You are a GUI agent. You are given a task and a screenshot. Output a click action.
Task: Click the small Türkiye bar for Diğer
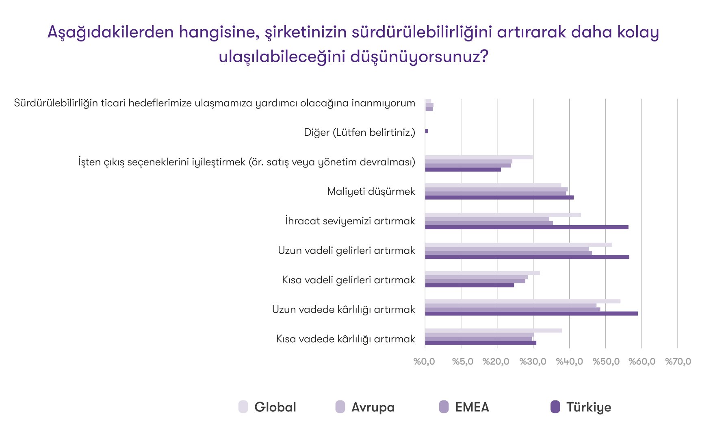click(x=427, y=131)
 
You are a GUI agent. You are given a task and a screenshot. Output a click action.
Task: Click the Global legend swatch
click(x=243, y=407)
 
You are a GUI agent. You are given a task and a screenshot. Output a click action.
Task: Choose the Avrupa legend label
click(x=373, y=407)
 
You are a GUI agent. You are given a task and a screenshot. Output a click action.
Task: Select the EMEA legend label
click(x=472, y=407)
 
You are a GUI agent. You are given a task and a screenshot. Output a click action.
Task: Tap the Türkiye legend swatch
click(x=555, y=407)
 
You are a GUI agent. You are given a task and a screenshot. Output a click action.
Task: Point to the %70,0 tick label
click(x=678, y=361)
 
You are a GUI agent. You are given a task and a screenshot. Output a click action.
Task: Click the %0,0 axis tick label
click(x=424, y=361)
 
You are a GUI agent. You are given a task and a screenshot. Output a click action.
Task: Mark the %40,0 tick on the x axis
click(x=569, y=361)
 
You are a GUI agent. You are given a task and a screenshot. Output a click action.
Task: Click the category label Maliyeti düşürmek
click(x=371, y=191)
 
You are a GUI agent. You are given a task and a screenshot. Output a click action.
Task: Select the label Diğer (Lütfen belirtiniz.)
click(x=360, y=133)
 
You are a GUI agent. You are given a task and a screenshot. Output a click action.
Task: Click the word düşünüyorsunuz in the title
click(x=418, y=56)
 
